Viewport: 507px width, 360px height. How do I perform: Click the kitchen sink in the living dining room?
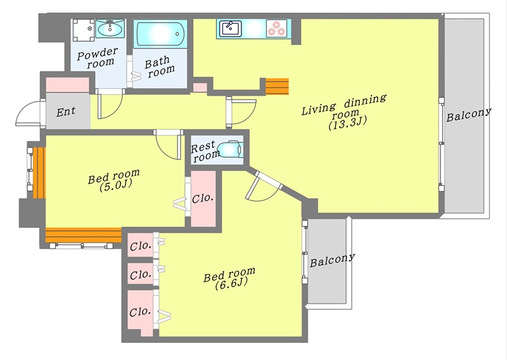pos(230,29)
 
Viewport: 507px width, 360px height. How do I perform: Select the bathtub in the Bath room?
pos(161,34)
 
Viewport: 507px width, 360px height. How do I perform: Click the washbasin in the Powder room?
pos(110,28)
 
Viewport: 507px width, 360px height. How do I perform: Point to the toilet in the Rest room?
pos(230,149)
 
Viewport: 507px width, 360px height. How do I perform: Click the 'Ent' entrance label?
pos(66,112)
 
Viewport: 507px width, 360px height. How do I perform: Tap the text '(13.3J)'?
pos(348,123)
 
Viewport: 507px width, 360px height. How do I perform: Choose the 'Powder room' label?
pos(98,58)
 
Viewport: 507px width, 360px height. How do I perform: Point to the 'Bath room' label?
pos(159,67)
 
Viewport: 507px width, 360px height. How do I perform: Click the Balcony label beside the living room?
pos(468,115)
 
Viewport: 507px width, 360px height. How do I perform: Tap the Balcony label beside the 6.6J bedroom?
pos(332,260)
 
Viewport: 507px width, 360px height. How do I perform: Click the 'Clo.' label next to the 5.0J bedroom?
pos(203,198)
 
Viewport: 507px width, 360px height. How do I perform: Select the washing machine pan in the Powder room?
pos(84,30)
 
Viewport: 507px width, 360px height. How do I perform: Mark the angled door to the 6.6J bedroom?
pos(264,187)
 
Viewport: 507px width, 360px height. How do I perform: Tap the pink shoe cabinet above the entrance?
pos(68,85)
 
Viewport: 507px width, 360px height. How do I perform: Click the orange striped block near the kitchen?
pos(277,86)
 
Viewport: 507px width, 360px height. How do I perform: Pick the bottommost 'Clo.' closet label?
pos(140,312)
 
